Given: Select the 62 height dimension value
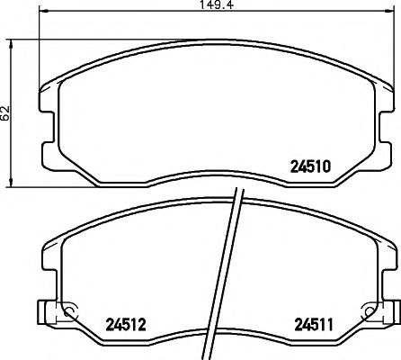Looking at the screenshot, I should [x=6, y=112].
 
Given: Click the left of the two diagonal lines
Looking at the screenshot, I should [x=231, y=270].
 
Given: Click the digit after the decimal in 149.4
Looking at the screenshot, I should [x=230, y=7].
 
